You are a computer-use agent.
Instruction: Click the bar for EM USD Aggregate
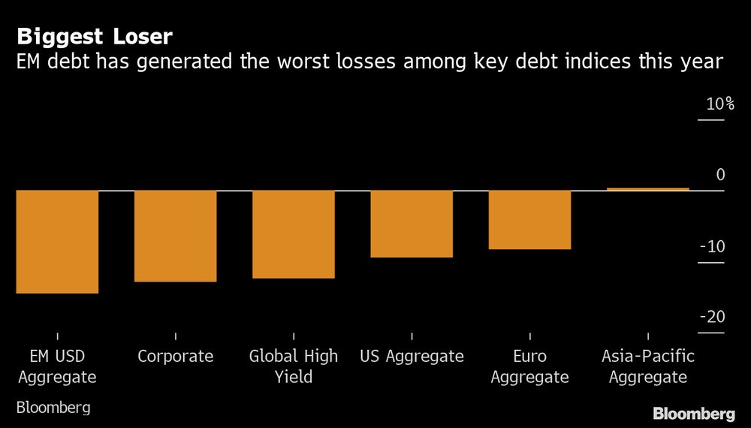pos(57,242)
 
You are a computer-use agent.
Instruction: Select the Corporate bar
pos(175,236)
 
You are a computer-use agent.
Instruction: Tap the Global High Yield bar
pos(293,234)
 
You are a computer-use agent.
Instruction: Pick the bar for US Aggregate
pos(412,224)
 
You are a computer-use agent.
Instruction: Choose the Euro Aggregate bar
pos(529,219)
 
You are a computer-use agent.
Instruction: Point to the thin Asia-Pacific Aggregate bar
pos(647,189)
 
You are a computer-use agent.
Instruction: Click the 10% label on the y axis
pos(719,104)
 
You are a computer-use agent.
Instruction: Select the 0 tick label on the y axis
pos(720,175)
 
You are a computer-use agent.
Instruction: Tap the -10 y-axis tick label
pos(713,246)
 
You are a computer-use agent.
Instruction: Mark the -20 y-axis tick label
pos(713,317)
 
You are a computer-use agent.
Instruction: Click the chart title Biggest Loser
pos(96,36)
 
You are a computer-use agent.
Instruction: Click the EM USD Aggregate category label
pos(57,366)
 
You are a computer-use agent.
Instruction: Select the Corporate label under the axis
pos(175,356)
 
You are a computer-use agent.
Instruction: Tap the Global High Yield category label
pos(294,366)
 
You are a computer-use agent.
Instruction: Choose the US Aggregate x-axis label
pos(412,356)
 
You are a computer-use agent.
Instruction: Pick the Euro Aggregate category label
pos(529,366)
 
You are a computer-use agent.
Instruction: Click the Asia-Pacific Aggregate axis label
pos(647,366)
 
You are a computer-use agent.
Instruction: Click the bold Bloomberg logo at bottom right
pos(694,414)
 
